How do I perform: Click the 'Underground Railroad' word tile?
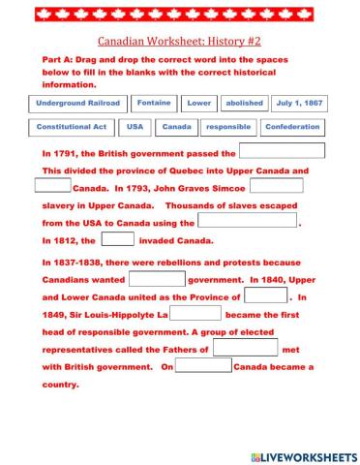point(78,103)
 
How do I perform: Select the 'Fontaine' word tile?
point(154,103)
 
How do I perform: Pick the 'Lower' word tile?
point(199,103)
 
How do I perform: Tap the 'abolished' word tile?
point(243,103)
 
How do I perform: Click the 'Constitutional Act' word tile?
point(74,127)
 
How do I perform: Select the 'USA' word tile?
point(135,127)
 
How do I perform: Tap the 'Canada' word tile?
point(176,127)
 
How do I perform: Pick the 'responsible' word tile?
point(228,127)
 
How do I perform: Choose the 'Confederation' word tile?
point(292,127)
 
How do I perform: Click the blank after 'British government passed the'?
point(281,151)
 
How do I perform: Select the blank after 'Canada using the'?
point(248,221)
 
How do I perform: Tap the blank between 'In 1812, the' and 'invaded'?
point(118,239)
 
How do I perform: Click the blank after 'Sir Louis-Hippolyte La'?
point(195,314)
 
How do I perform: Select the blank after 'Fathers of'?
point(245,348)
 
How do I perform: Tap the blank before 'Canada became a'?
point(204,366)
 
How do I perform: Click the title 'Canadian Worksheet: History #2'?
point(180,42)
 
